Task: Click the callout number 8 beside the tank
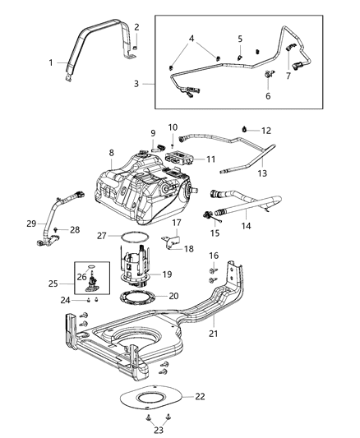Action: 111,153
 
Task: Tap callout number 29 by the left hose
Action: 31,223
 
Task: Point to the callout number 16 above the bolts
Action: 213,256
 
